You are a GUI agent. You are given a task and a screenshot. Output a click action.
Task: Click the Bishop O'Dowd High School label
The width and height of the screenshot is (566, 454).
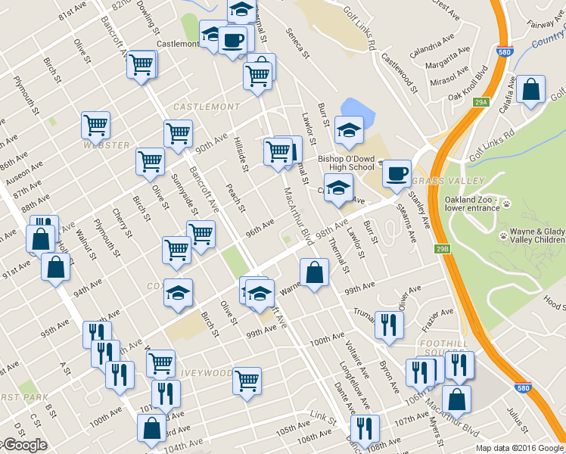pos(346,163)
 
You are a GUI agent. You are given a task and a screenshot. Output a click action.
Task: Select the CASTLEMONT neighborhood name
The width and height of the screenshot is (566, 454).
pos(207,107)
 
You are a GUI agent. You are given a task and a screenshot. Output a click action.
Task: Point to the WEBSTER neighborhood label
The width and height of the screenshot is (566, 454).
pos(107,145)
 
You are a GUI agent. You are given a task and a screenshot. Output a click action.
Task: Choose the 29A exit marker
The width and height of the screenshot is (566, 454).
pos(481,101)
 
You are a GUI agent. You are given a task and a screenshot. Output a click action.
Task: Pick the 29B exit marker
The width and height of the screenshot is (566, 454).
pos(443,247)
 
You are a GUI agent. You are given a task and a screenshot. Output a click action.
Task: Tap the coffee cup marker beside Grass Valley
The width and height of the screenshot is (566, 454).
pos(397,173)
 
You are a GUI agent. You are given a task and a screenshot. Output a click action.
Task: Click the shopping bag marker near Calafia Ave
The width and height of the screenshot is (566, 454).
pos(532,89)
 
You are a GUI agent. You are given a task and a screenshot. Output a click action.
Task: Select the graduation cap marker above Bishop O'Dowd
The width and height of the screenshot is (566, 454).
pos(349,130)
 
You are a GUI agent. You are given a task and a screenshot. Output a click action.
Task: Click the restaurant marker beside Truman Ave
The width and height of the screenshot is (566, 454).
pos(389,325)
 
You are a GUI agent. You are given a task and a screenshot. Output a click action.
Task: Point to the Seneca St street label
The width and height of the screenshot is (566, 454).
pos(297,43)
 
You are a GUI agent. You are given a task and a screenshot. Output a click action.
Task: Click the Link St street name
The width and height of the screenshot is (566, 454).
pos(322,417)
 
